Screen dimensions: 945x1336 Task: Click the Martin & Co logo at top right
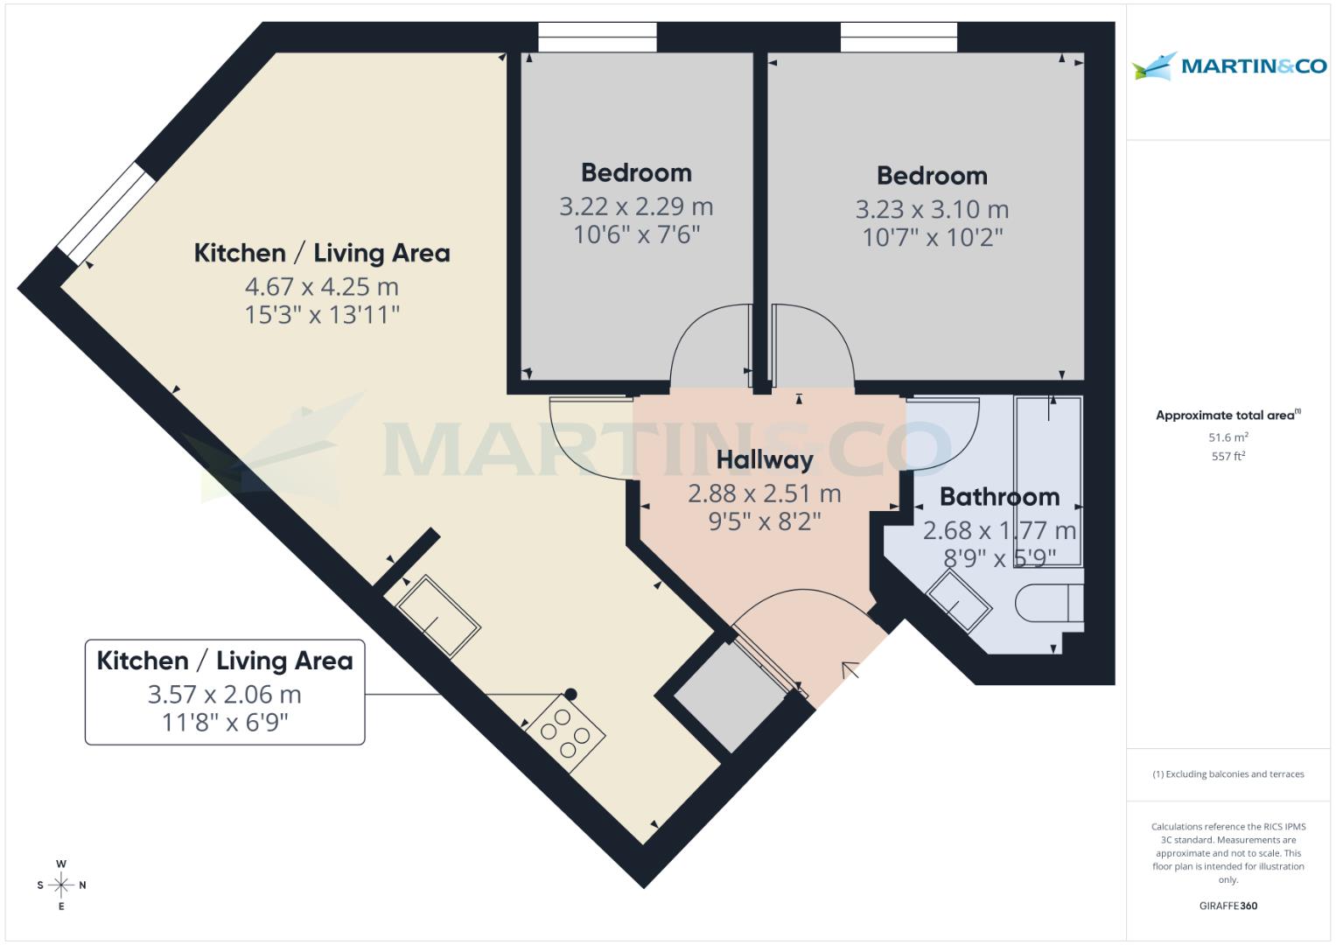pyautogui.click(x=1228, y=66)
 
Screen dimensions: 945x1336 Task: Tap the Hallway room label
pyautogui.click(x=764, y=459)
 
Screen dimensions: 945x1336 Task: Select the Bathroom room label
pyautogui.click(x=999, y=497)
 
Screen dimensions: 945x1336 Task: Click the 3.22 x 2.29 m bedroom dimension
pyautogui.click(x=636, y=207)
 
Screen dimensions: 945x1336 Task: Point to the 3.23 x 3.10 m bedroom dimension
pyautogui.click(x=932, y=210)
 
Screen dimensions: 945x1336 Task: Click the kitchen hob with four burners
pyautogui.click(x=564, y=732)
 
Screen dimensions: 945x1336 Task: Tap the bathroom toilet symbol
pyautogui.click(x=1049, y=604)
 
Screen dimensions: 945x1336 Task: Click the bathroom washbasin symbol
pyautogui.click(x=959, y=602)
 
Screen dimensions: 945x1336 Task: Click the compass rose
pyautogui.click(x=61, y=885)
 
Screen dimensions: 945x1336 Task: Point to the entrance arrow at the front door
pyautogui.click(x=850, y=671)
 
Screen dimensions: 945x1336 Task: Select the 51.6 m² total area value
pyautogui.click(x=1228, y=437)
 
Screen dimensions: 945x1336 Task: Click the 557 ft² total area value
pyautogui.click(x=1228, y=456)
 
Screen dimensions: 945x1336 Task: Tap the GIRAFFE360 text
pyautogui.click(x=1228, y=906)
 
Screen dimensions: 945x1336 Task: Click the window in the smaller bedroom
pyautogui.click(x=597, y=37)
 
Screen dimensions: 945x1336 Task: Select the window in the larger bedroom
pyautogui.click(x=899, y=37)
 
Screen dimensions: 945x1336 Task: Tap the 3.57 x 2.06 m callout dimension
pyautogui.click(x=224, y=695)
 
